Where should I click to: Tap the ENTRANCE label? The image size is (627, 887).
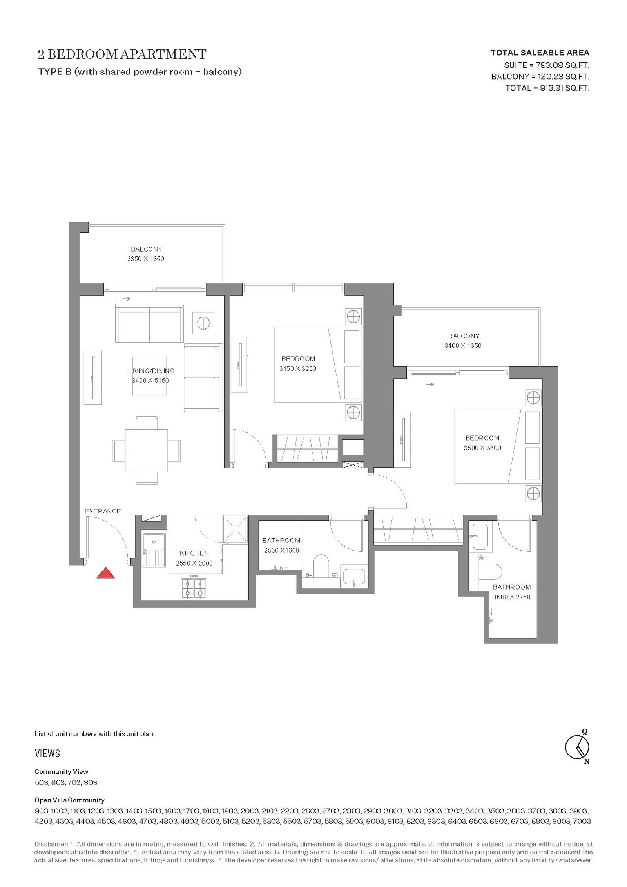coord(103,511)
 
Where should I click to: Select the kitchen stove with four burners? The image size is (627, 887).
coord(194,587)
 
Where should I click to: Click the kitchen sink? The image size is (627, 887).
coord(154,549)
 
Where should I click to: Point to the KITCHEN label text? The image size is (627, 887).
coord(194,553)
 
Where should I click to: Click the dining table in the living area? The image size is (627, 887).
coord(146,451)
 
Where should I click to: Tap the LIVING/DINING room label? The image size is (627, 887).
coord(151,371)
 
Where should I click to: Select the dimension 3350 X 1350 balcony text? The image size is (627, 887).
coord(146,259)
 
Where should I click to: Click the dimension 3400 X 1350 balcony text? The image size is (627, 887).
coord(463,345)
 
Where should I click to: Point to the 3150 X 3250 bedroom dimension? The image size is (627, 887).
coord(297,368)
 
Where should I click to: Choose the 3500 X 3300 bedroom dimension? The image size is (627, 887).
coord(482,448)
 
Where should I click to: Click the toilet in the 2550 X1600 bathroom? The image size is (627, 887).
coord(321,566)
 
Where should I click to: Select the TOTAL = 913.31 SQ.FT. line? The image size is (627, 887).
coord(547,88)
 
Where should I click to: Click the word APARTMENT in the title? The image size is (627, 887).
coord(163,54)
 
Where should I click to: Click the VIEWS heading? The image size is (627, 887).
coord(47,753)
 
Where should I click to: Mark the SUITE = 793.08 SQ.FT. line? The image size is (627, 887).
coord(547,65)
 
